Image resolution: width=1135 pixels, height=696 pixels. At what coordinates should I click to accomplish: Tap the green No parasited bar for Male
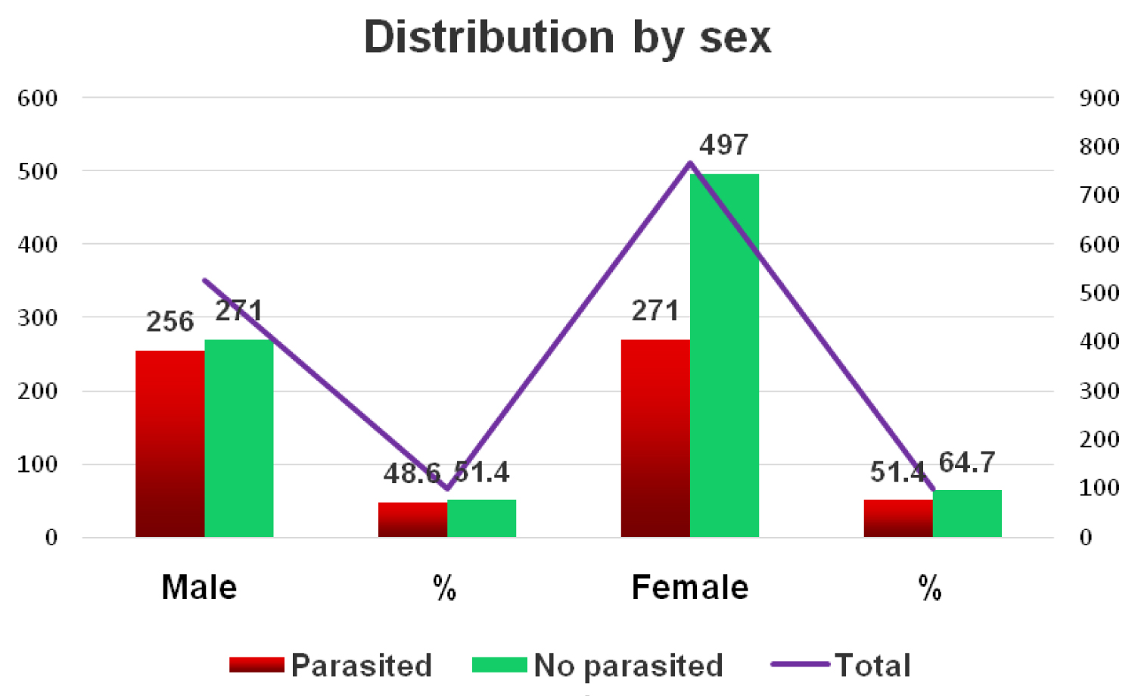[239, 439]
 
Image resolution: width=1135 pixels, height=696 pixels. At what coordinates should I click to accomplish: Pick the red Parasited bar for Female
[655, 439]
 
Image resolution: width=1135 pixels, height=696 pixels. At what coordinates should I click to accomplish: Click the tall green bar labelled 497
[724, 355]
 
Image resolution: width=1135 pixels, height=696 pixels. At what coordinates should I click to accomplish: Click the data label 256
[170, 322]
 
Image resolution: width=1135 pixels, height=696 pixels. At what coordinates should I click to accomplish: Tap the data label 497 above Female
[724, 145]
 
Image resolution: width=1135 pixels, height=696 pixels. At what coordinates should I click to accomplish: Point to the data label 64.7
[967, 462]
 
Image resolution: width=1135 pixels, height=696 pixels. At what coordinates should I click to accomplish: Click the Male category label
[199, 588]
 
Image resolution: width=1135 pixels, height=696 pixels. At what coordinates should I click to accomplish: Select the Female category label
[690, 588]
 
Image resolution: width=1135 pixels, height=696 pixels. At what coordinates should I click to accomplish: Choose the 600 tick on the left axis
[38, 98]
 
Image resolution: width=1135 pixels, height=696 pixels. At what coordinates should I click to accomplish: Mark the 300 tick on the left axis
[38, 318]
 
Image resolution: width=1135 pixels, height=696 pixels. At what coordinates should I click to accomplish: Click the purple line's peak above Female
[690, 162]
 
